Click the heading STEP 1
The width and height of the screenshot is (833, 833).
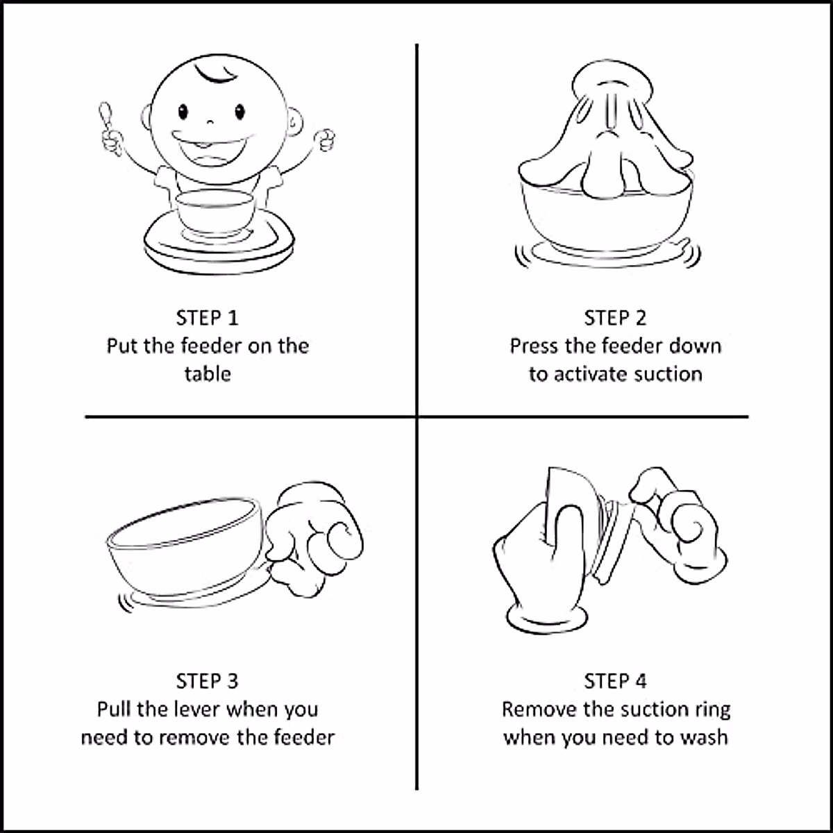click(x=207, y=318)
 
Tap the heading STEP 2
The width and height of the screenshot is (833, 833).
click(x=615, y=318)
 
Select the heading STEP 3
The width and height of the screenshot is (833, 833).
click(x=207, y=681)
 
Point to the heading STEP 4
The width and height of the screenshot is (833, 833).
click(x=615, y=681)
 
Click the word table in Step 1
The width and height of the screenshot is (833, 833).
click(x=207, y=374)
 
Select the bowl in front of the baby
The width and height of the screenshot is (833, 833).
click(x=214, y=212)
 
